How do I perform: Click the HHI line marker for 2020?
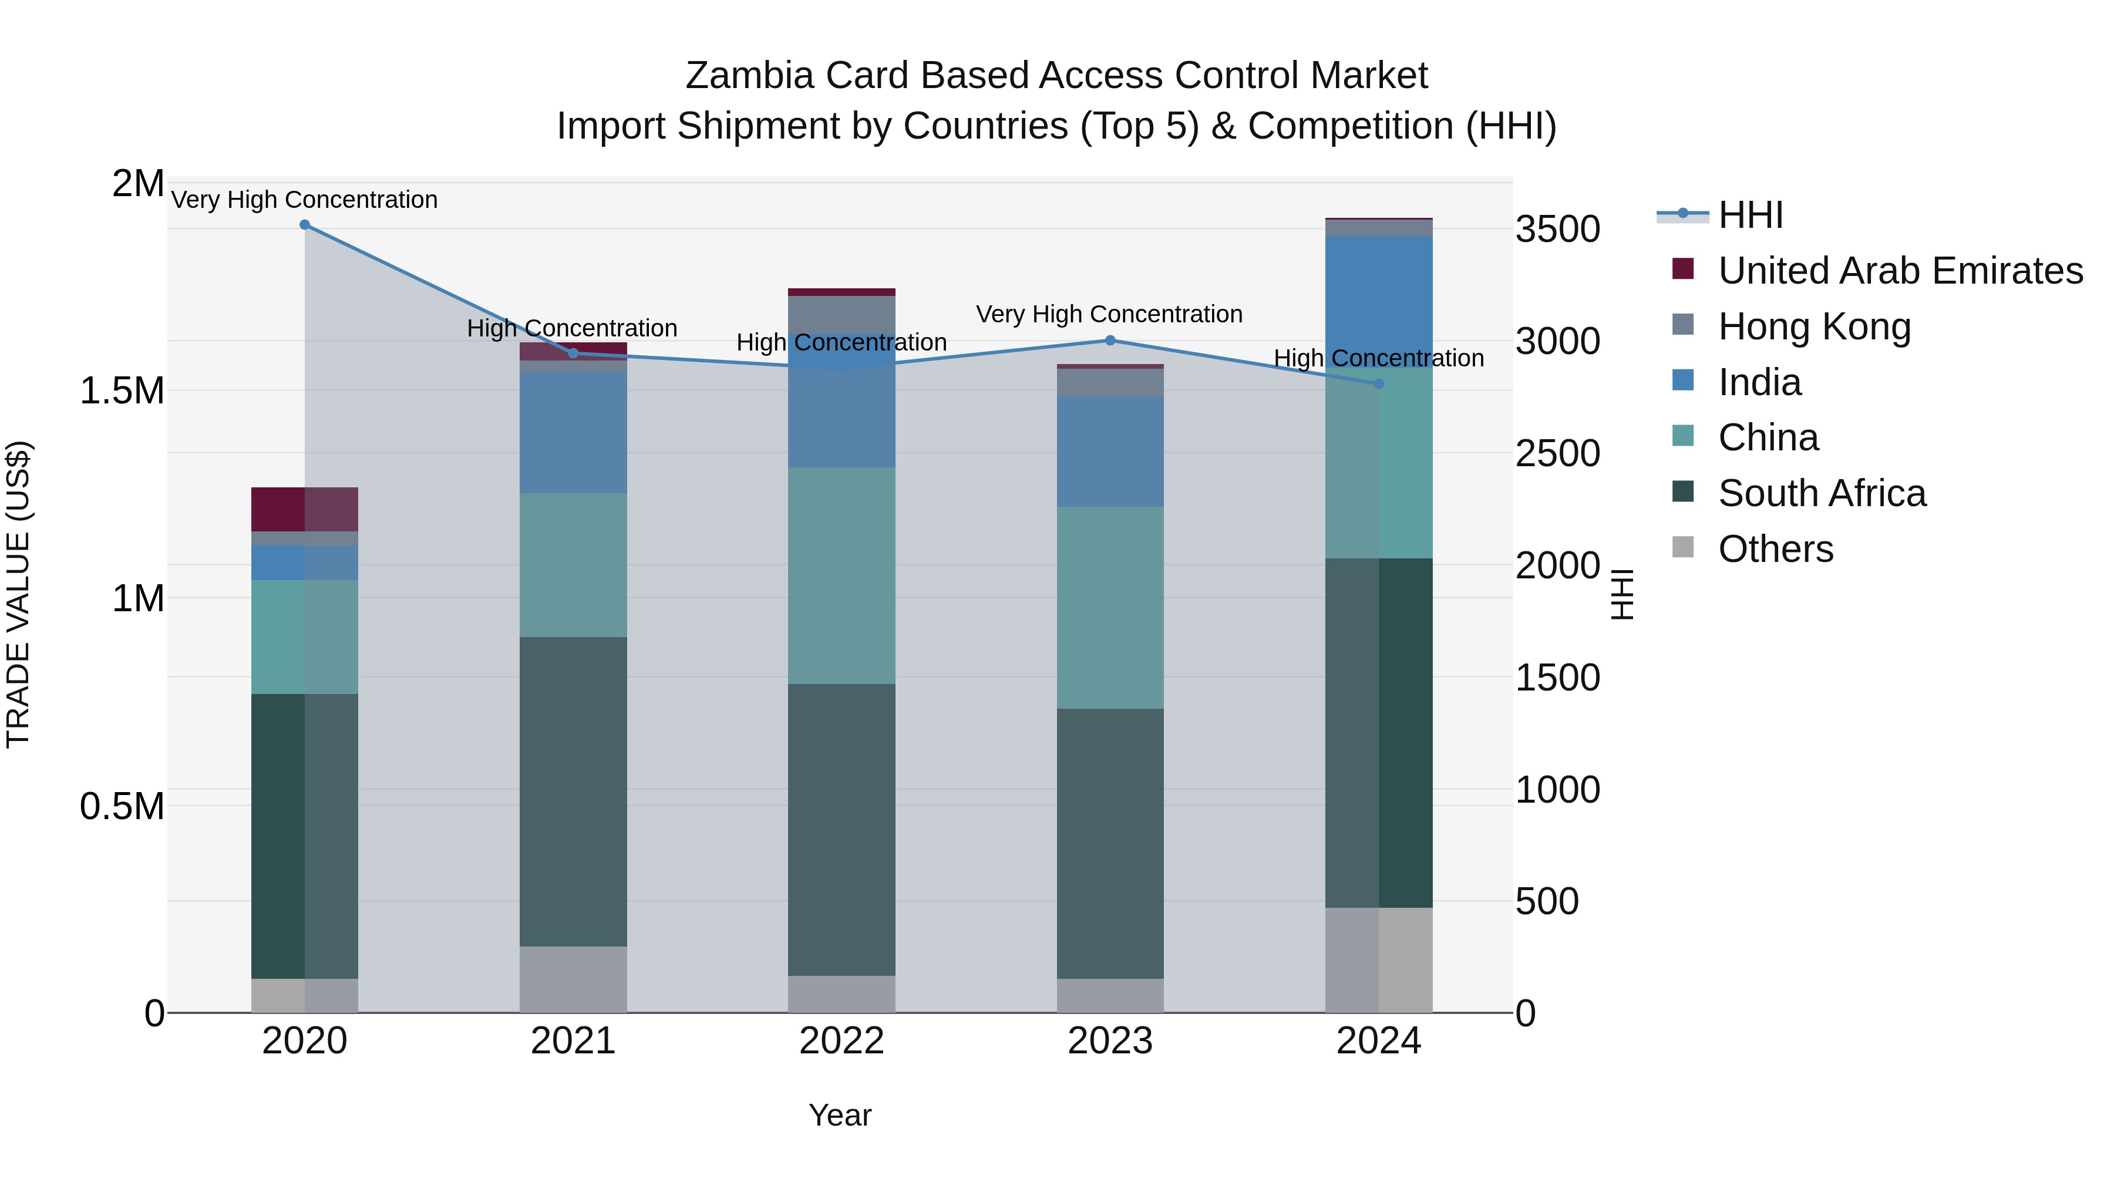click(304, 225)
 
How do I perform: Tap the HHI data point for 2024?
click(1379, 384)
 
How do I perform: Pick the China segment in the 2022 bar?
click(841, 574)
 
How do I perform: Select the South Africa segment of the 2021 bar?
click(573, 792)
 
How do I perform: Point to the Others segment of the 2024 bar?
click(1379, 960)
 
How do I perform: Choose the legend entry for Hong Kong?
click(1814, 326)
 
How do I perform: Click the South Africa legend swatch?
click(1682, 491)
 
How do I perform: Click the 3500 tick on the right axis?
click(1557, 230)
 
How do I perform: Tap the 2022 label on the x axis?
click(841, 1041)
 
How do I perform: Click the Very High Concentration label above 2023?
click(1109, 314)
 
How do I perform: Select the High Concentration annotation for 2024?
click(1379, 359)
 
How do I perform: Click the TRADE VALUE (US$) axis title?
click(18, 594)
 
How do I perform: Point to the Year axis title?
click(840, 1115)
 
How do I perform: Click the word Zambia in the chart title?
click(749, 76)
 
